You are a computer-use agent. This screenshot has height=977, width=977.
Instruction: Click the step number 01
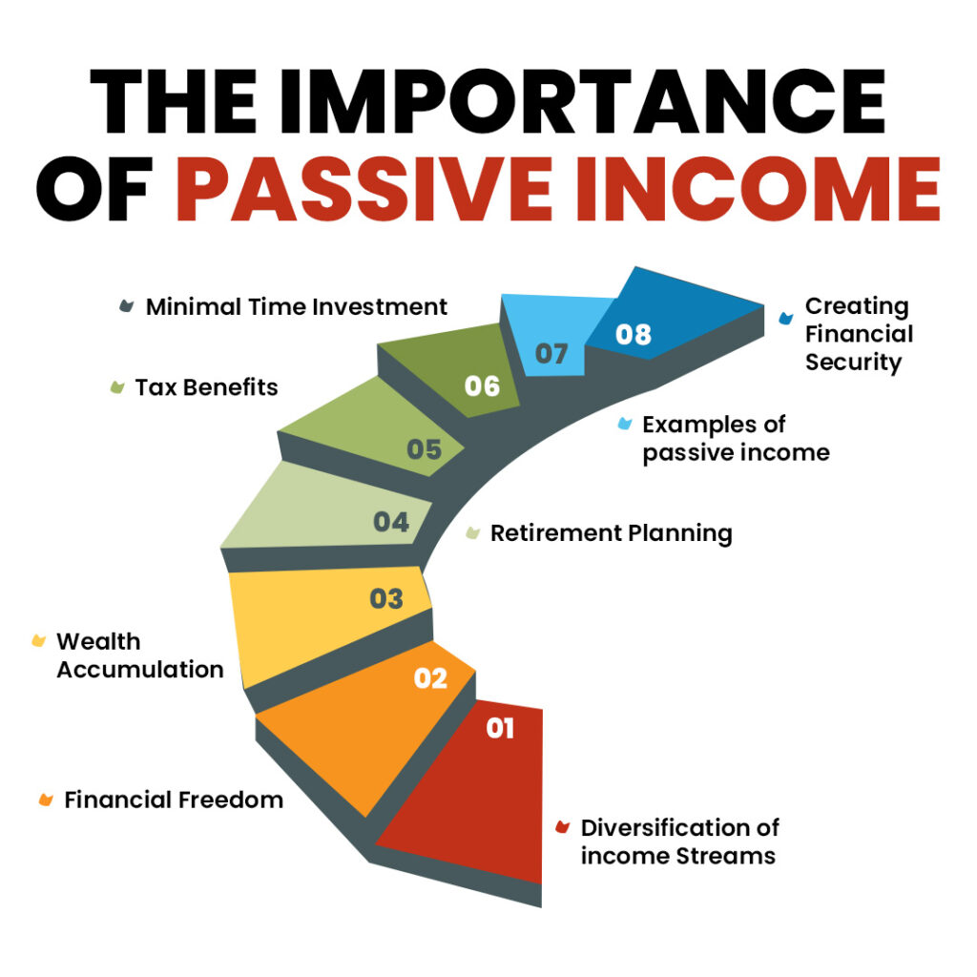500,728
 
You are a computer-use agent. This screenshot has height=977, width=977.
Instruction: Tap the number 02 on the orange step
430,678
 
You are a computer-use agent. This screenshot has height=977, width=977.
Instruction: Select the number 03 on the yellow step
386,599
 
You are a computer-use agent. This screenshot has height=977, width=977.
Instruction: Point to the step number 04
390,522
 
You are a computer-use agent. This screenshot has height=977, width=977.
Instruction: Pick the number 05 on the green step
425,449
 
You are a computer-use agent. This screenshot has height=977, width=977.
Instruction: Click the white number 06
482,386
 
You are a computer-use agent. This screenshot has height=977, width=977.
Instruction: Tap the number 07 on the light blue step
551,354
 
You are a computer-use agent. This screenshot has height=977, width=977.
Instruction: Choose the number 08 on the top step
634,335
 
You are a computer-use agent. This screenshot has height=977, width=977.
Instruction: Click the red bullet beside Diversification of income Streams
563,827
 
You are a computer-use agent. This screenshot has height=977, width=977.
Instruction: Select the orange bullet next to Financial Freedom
46,800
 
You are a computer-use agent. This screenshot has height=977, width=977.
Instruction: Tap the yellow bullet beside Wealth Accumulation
38,640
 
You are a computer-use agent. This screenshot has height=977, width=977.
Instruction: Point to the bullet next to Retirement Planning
473,532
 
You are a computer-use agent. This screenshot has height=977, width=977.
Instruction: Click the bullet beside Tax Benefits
117,387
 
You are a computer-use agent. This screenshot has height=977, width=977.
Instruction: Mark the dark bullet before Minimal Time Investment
127,306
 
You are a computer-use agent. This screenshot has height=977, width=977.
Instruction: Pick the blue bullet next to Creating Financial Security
786,318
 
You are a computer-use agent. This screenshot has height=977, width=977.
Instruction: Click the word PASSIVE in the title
364,190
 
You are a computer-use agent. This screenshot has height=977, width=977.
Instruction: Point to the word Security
853,363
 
